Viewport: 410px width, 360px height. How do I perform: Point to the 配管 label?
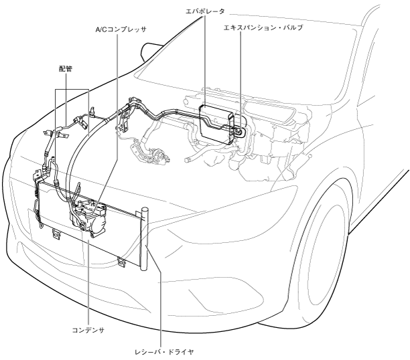66,68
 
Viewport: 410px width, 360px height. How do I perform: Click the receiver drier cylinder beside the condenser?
145,234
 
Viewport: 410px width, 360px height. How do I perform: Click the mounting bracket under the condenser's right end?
121,262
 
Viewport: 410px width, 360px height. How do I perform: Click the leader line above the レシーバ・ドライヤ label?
160,294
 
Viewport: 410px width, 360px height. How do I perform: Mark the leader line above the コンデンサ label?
88,281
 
